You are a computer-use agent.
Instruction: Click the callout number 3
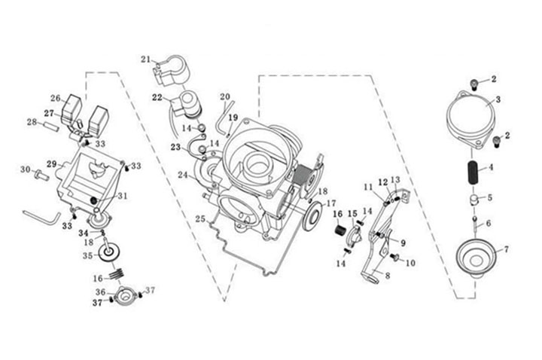click(496, 99)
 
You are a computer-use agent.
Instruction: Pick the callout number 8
click(388, 276)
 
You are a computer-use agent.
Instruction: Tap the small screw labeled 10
click(394, 258)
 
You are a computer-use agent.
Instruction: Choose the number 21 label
click(145, 59)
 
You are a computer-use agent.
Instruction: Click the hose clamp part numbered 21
click(169, 69)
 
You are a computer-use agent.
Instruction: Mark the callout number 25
click(199, 219)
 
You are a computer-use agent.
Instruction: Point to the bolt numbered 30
click(42, 175)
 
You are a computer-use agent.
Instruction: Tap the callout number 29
click(52, 163)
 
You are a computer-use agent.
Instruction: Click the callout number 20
click(225, 97)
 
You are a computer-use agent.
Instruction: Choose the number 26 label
click(55, 99)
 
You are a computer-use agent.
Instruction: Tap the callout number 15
click(352, 215)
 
